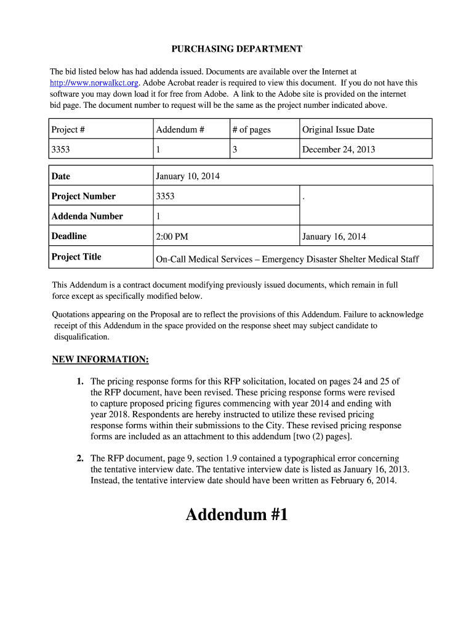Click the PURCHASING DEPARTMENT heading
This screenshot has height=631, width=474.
pyautogui.click(x=236, y=49)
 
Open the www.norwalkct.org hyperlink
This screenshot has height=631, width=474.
pyautogui.click(x=95, y=83)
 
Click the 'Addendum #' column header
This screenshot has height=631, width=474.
pyautogui.click(x=177, y=129)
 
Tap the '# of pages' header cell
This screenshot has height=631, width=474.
pyautogui.click(x=251, y=129)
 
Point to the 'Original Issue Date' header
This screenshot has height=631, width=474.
pyautogui.click(x=338, y=129)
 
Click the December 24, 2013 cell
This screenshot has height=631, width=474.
pyautogui.click(x=339, y=149)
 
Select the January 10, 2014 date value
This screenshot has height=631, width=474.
pyautogui.click(x=188, y=176)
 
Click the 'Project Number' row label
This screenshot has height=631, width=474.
pyautogui.click(x=84, y=196)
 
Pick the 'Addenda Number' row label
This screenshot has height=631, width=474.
pyautogui.click(x=87, y=216)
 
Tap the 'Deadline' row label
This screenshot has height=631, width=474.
pyautogui.click(x=69, y=236)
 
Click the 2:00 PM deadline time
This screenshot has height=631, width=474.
pyautogui.click(x=172, y=237)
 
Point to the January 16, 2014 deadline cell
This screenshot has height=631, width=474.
pyautogui.click(x=334, y=237)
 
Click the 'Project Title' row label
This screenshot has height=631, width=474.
pyautogui.click(x=76, y=256)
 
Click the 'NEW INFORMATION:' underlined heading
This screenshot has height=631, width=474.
pyautogui.click(x=100, y=359)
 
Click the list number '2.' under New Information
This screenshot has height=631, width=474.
pyautogui.click(x=81, y=458)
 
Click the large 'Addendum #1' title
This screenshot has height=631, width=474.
pyautogui.click(x=236, y=515)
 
